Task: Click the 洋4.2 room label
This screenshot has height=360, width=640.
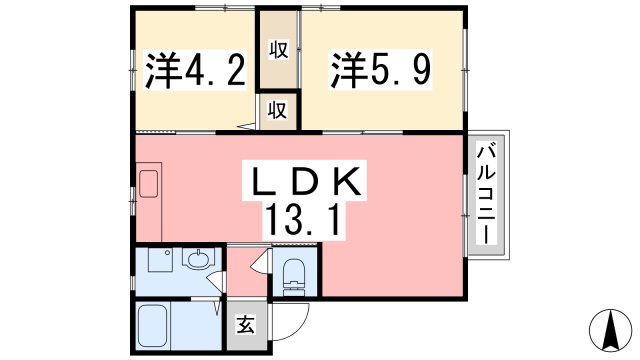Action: tap(195, 72)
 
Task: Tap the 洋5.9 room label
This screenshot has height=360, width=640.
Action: tap(363, 72)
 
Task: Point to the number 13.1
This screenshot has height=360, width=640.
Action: tap(301, 221)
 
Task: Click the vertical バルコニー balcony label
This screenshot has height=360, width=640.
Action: tap(488, 196)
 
